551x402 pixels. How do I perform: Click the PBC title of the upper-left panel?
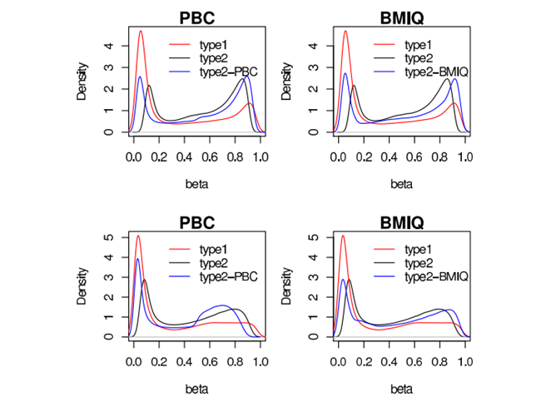pos(196,17)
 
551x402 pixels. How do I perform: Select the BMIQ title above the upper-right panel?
pos(401,17)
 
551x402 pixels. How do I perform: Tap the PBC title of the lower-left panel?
pos(196,222)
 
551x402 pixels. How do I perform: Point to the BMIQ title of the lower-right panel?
pos(401,222)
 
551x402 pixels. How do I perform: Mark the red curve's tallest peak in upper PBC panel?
pos(141,32)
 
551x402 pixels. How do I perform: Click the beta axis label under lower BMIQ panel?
pos(401,388)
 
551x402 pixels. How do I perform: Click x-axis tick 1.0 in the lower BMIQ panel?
pos(464,362)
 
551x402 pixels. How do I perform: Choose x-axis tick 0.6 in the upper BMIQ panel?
pos(414,156)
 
